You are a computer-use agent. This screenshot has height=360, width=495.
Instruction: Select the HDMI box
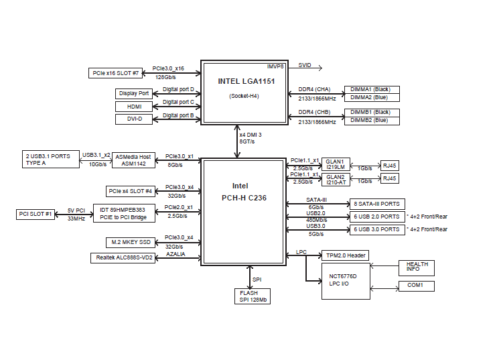click(134, 106)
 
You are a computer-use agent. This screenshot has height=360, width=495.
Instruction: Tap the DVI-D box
click(134, 119)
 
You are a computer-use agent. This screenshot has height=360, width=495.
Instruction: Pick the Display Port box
click(134, 93)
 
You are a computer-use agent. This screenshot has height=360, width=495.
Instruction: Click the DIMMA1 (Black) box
click(371, 89)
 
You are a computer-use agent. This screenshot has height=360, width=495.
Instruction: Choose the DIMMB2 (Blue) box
click(371, 120)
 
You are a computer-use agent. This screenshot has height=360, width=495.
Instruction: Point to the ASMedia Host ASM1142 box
click(133, 160)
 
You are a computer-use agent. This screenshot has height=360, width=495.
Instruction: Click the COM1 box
click(416, 286)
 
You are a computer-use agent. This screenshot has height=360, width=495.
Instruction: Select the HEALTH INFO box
click(416, 267)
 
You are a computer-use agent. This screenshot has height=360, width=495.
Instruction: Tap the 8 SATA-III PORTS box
click(377, 204)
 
